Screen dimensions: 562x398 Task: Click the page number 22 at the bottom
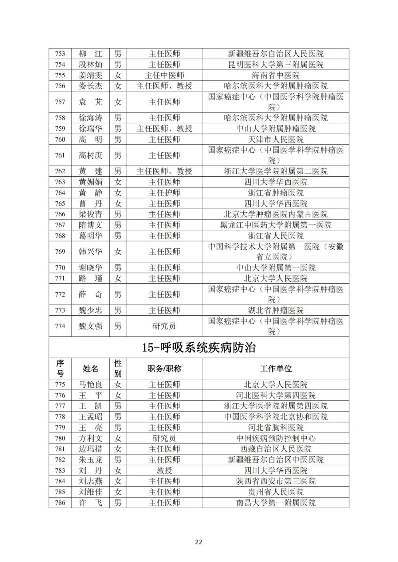pos(199,542)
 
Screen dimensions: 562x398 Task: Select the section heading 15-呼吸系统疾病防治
pos(199,347)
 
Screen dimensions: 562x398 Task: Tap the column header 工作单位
pos(276,368)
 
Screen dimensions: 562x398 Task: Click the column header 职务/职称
pos(164,368)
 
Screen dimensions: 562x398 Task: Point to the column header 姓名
pos(90,368)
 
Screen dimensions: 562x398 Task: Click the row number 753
pos(60,54)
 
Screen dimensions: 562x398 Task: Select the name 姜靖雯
pos(90,75)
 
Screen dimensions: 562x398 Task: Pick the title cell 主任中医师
pos(164,75)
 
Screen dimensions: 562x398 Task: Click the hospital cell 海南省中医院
pos(276,75)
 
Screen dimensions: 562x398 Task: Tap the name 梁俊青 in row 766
pos(90,214)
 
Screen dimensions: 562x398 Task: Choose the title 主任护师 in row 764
pos(164,193)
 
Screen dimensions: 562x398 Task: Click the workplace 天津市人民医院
pos(276,139)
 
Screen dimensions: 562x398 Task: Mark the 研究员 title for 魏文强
pos(164,326)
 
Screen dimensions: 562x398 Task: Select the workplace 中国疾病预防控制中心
pos(276,438)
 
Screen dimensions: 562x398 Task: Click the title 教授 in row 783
pos(164,470)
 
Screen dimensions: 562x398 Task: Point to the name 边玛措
pos(90,449)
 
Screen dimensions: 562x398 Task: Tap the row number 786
pos(60,503)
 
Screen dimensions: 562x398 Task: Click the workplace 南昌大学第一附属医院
pos(276,503)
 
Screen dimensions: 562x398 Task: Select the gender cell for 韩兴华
pos(118,252)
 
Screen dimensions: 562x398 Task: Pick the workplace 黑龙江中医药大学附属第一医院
pos(276,225)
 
